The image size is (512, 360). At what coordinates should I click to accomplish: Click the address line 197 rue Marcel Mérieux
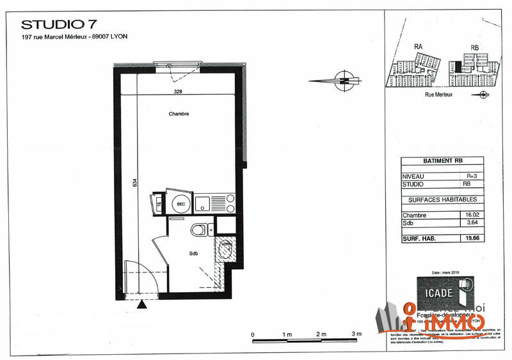tap(74, 36)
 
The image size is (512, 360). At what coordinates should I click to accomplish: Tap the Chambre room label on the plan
tap(179, 114)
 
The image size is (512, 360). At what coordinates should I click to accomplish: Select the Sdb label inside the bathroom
tap(193, 253)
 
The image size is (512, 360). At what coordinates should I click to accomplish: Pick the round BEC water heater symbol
tap(180, 204)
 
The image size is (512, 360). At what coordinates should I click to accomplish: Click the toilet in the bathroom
tap(198, 229)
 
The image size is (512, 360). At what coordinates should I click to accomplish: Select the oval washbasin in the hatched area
tap(225, 249)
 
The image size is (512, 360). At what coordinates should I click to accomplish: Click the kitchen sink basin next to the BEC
tap(202, 204)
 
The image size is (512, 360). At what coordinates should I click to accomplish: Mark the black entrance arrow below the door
tap(142, 305)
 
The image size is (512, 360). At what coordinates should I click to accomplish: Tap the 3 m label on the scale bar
tap(357, 335)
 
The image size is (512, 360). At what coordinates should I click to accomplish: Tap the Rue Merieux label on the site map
tap(439, 94)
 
